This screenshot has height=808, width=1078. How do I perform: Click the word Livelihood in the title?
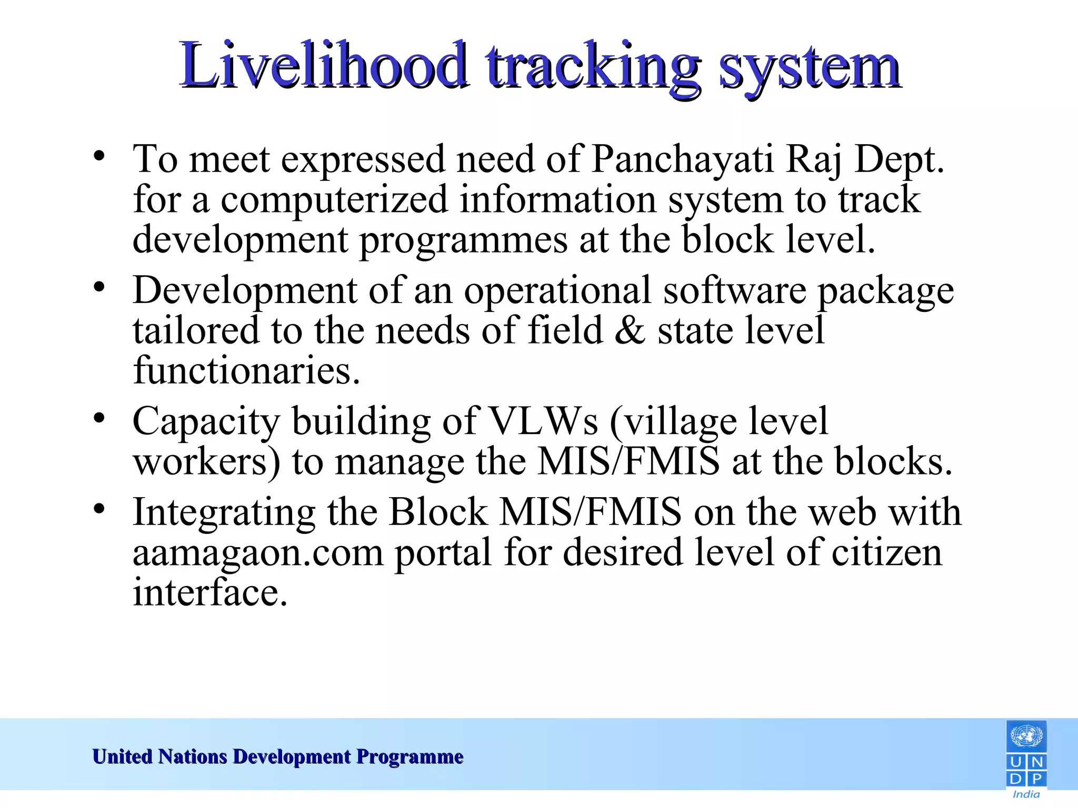(322, 66)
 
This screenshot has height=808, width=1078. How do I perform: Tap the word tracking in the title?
(593, 66)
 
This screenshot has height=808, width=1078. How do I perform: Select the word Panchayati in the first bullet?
(683, 159)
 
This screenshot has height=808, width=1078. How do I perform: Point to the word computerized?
(334, 200)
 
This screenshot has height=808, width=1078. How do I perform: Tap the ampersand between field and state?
(630, 331)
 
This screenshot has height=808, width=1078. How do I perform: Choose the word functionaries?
(246, 371)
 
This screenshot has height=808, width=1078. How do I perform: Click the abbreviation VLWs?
(544, 421)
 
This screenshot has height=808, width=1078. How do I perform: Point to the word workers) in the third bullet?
(206, 462)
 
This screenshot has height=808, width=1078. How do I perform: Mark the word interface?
(210, 593)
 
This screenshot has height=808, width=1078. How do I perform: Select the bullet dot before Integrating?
(99, 509)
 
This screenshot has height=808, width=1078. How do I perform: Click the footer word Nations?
(193, 756)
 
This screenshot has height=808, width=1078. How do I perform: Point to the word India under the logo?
(1026, 794)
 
